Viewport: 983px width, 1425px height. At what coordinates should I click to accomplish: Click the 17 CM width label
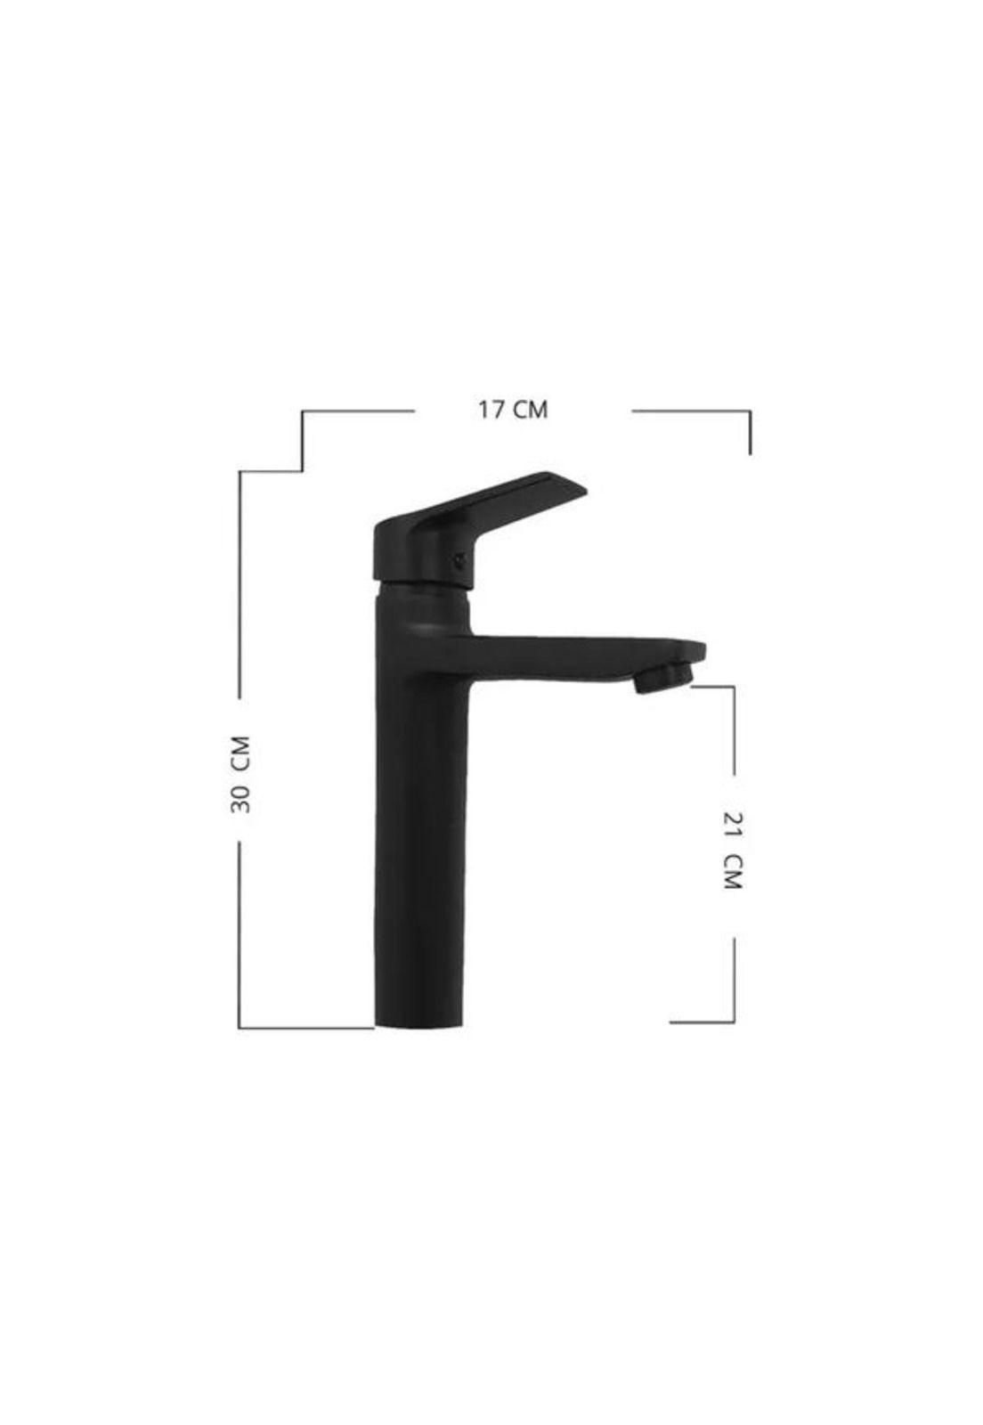click(x=512, y=410)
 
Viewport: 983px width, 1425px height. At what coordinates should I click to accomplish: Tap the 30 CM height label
click(x=241, y=774)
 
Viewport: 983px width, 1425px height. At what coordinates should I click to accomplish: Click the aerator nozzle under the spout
click(x=663, y=678)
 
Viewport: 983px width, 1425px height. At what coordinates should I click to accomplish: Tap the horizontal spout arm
click(x=585, y=658)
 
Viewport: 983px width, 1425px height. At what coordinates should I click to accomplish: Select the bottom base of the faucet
click(x=421, y=1020)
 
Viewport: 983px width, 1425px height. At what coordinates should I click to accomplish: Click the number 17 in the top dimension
click(x=491, y=410)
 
